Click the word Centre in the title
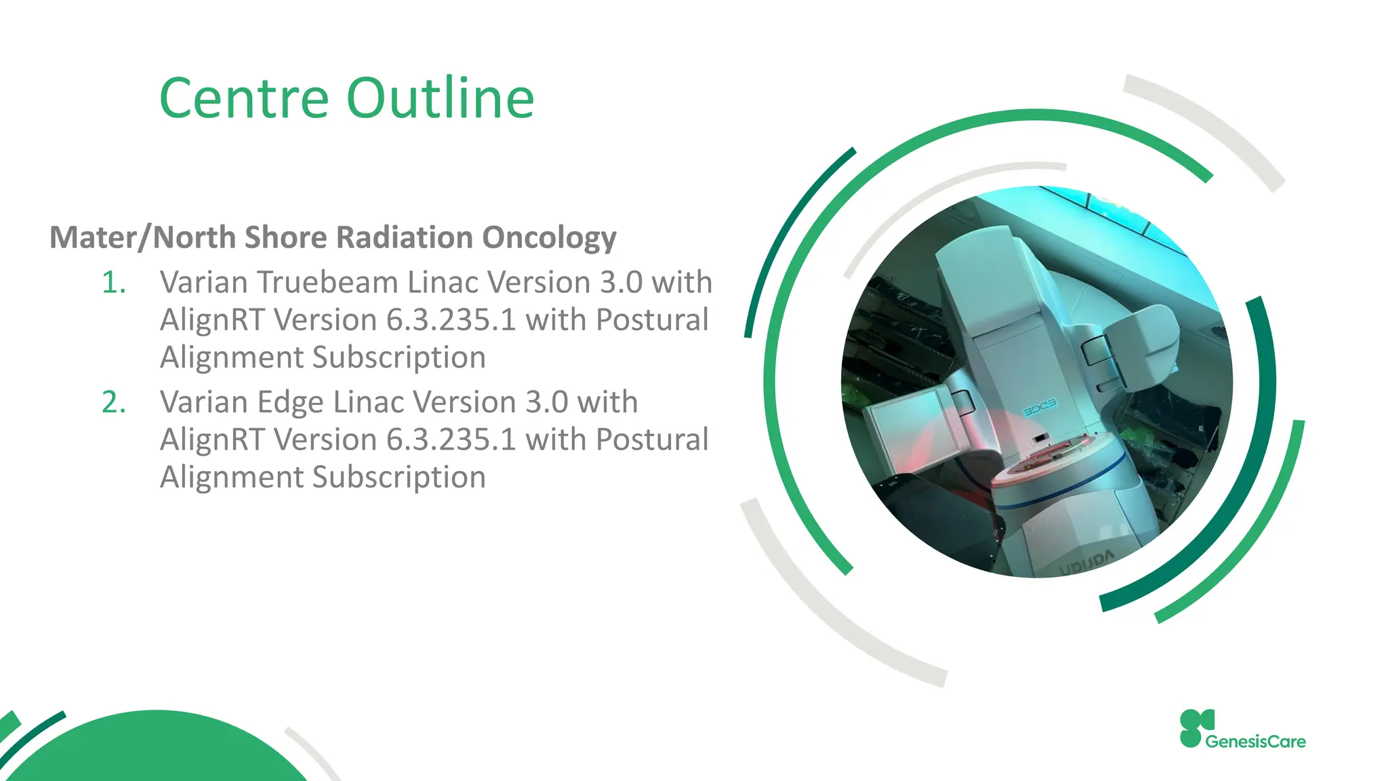click(x=244, y=99)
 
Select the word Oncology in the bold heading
click(x=549, y=238)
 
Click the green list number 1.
click(x=113, y=283)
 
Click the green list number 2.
click(x=113, y=403)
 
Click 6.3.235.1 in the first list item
click(x=451, y=320)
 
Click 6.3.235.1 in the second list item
click(x=451, y=440)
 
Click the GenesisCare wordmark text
click(x=1255, y=742)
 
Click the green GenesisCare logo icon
click(x=1194, y=728)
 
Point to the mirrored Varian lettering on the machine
click(x=1087, y=562)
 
